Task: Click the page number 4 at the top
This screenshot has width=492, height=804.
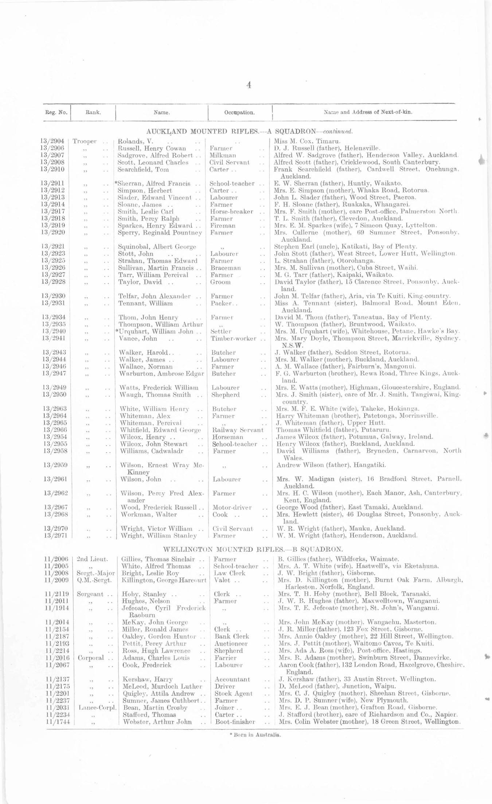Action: (249, 85)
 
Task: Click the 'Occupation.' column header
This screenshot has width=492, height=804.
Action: (239, 112)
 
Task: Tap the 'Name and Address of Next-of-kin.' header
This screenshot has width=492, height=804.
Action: (368, 112)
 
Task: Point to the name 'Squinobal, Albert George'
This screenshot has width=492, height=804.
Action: (157, 247)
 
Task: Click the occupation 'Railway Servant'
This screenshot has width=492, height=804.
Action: (238, 430)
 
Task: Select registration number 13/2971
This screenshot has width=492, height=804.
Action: (54, 536)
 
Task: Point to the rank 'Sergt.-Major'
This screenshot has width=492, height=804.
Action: (91, 573)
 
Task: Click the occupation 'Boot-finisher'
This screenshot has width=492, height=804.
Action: (235, 722)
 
